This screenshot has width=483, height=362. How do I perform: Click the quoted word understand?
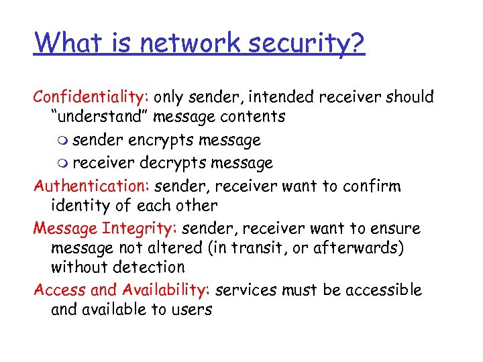(x=100, y=117)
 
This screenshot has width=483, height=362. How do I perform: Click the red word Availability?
(x=167, y=290)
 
